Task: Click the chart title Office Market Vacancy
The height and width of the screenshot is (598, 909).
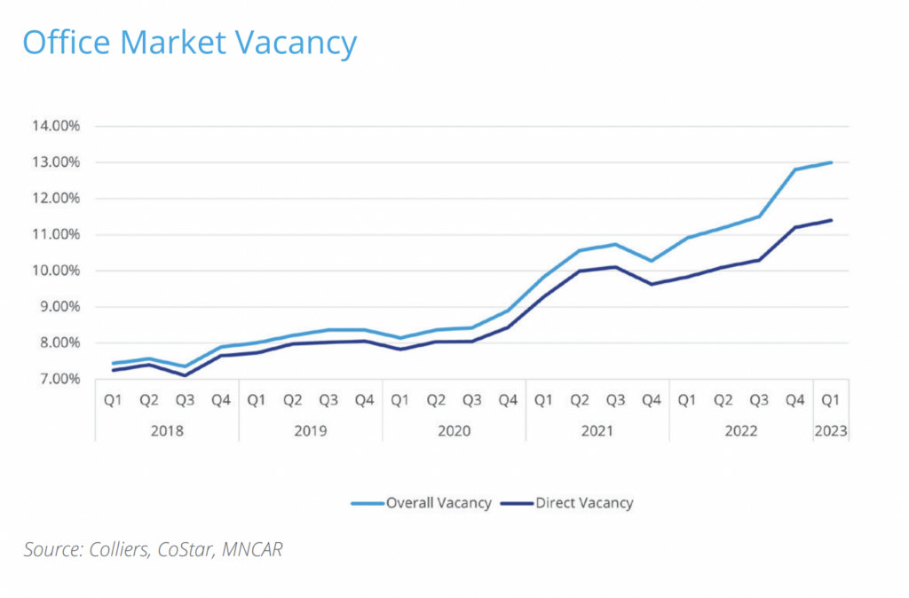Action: tap(190, 43)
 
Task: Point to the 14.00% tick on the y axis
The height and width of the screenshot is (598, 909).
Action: tap(56, 126)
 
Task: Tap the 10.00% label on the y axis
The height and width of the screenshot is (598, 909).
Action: tap(56, 271)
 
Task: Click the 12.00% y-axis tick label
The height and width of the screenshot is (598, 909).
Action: tap(56, 199)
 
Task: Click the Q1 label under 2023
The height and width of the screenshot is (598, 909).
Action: tap(831, 400)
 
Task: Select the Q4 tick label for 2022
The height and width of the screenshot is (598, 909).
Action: tap(794, 400)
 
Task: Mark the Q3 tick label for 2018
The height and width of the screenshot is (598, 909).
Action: tap(184, 400)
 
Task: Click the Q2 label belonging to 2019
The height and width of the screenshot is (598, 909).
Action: tap(292, 400)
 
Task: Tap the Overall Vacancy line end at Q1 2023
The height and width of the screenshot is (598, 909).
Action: tap(831, 162)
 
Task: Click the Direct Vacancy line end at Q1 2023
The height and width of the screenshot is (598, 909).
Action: tap(831, 220)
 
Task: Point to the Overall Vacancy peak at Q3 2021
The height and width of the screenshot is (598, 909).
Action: tap(615, 244)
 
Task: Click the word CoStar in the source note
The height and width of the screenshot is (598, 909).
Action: tap(184, 550)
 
